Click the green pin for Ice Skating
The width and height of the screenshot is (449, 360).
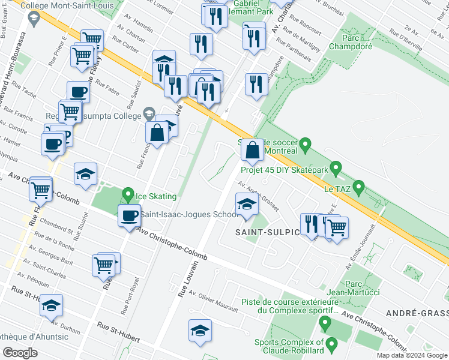click(128, 195)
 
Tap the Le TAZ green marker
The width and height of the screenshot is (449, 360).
click(359, 188)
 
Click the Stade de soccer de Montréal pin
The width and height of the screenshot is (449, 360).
click(306, 145)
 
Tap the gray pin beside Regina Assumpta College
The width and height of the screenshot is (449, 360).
click(149, 114)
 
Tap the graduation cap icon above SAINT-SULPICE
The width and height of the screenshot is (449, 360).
click(246, 203)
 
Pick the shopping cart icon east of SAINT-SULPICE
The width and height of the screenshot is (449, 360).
click(337, 227)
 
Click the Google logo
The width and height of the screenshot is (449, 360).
click(20, 352)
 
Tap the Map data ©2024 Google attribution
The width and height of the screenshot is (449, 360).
click(411, 355)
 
